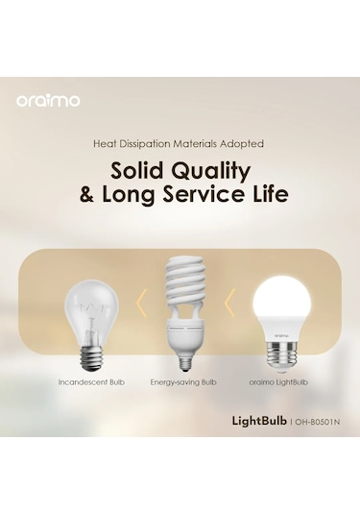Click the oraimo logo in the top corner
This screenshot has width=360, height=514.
click(x=48, y=100)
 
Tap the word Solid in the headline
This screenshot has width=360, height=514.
click(x=141, y=173)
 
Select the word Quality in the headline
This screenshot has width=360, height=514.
click(x=213, y=174)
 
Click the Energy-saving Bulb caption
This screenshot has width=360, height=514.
click(x=183, y=381)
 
